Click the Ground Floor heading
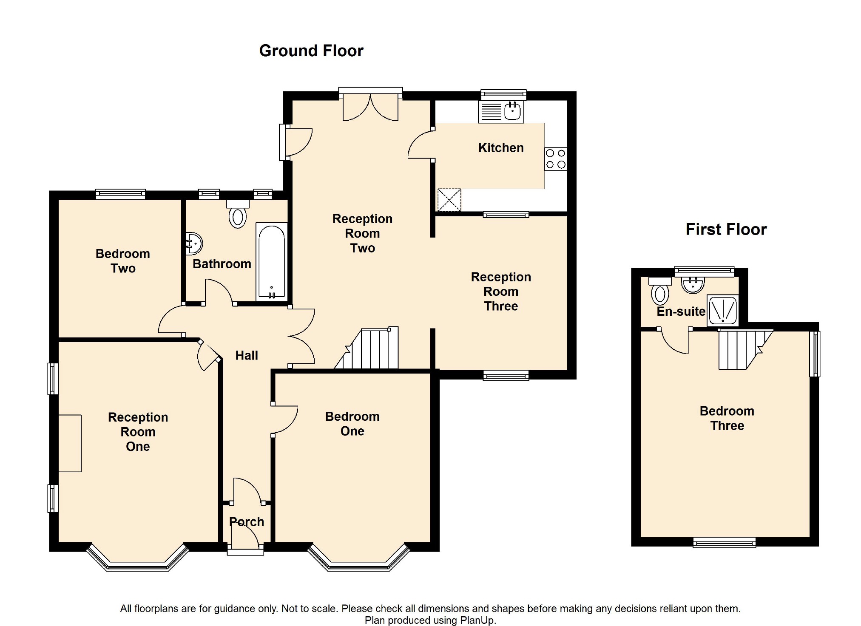coord(311,51)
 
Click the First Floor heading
coord(726,229)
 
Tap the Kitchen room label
coord(501,148)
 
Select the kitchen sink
coord(501,112)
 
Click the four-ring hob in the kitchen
coord(556,159)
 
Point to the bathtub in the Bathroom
coord(272,262)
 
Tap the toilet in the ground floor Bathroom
coord(238,214)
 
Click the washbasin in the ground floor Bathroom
coord(194,244)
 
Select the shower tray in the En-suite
coord(722,310)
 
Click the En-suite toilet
coord(660,291)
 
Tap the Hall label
coord(247,356)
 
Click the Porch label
coord(247,522)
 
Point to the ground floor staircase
coord(367,348)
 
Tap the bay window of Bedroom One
coord(359,557)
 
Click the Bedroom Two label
coord(123,261)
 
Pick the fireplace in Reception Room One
coord(70,443)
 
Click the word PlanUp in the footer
coord(477,620)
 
